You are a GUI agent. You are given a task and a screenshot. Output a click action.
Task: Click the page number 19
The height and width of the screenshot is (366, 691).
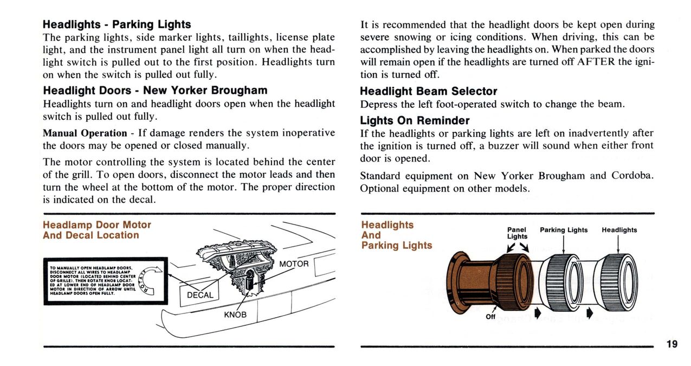pyautogui.click(x=671, y=344)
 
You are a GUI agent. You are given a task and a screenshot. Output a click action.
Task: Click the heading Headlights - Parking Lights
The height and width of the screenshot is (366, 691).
pyautogui.click(x=117, y=24)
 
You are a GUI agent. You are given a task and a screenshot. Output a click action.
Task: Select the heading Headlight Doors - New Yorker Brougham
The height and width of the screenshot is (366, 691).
pyautogui.click(x=154, y=90)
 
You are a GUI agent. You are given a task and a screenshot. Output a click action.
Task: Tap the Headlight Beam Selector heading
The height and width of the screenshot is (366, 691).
pyautogui.click(x=428, y=91)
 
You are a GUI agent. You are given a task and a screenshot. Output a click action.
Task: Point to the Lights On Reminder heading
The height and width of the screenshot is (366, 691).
pyautogui.click(x=415, y=120)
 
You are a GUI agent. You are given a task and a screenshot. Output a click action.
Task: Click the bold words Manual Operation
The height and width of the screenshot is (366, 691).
pyautogui.click(x=85, y=133)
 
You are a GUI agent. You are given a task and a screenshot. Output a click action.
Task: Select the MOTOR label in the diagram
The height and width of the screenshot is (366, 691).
pyautogui.click(x=294, y=264)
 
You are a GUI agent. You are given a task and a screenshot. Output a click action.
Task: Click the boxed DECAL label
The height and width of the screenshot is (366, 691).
pyautogui.click(x=200, y=295)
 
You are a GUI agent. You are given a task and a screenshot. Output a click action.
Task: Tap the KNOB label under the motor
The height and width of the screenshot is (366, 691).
pyautogui.click(x=235, y=314)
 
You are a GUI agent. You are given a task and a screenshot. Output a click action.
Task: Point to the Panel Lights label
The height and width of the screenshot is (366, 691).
pyautogui.click(x=517, y=233)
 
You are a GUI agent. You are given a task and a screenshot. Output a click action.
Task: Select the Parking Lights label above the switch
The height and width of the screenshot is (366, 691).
pyautogui.click(x=564, y=230)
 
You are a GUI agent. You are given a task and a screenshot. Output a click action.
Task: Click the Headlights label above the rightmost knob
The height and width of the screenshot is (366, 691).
pyautogui.click(x=619, y=230)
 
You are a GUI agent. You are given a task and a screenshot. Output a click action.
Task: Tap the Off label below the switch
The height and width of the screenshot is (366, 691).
pyautogui.click(x=490, y=317)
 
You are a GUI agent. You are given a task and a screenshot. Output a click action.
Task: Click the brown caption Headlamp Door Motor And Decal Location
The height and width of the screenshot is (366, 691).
pyautogui.click(x=96, y=230)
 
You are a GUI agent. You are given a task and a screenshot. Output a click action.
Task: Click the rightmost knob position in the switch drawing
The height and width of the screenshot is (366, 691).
pyautogui.click(x=617, y=282)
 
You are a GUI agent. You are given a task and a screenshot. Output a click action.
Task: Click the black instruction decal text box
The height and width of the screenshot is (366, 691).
pyautogui.click(x=98, y=281)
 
